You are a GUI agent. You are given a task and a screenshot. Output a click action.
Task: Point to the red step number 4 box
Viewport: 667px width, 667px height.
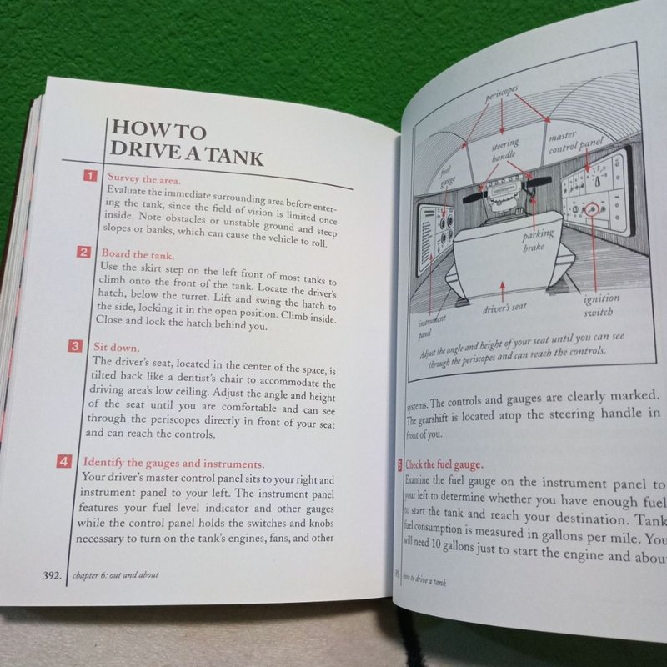(64, 461)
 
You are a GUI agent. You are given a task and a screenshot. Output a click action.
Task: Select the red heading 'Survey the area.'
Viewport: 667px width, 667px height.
(144, 178)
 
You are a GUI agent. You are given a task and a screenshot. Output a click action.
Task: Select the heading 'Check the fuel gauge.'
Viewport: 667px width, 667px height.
(443, 465)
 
